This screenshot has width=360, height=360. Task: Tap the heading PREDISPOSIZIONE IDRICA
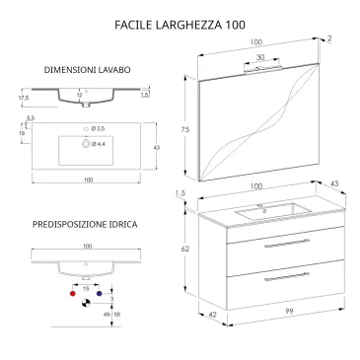coord(84,225)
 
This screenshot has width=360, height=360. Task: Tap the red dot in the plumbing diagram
coord(71,294)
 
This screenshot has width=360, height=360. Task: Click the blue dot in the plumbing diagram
coord(100,294)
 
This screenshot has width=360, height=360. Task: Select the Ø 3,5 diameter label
coord(101,129)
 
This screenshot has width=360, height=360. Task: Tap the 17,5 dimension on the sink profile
coord(23,98)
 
